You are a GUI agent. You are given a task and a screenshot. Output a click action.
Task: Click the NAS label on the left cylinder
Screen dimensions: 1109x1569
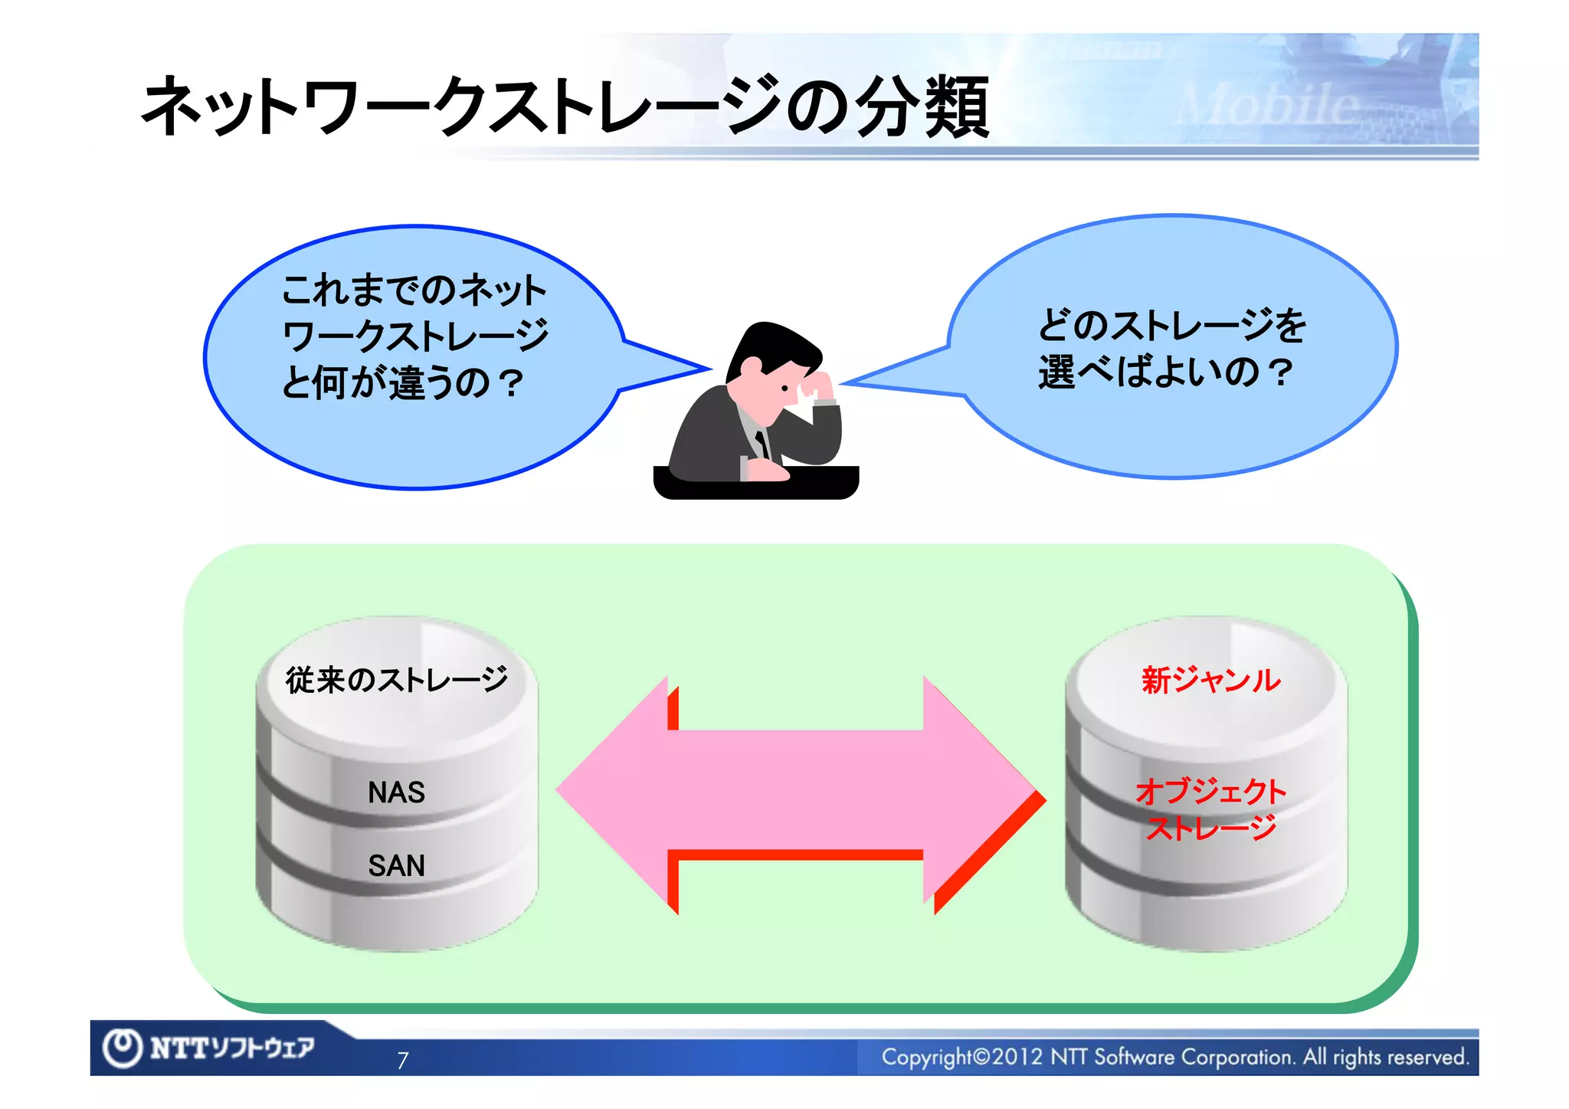click(x=396, y=792)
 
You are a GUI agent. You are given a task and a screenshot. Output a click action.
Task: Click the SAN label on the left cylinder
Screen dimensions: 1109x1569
click(x=396, y=866)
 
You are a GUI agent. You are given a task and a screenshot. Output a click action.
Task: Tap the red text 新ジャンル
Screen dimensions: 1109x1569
click(x=1210, y=680)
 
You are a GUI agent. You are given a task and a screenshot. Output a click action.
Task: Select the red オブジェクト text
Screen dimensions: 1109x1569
click(x=1210, y=792)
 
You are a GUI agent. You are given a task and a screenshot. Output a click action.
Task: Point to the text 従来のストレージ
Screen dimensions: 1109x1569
click(x=396, y=680)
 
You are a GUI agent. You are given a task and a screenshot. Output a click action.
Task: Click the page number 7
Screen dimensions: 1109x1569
click(x=403, y=1061)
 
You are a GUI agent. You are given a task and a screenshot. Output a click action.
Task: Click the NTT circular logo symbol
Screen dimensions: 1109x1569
click(x=123, y=1048)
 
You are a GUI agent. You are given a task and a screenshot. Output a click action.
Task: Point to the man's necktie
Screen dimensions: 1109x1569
click(x=762, y=443)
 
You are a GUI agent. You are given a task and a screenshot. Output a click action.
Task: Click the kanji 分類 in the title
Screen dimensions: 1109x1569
click(x=922, y=107)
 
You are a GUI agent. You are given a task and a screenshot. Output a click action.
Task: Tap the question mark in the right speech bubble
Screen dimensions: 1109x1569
click(x=1279, y=373)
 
